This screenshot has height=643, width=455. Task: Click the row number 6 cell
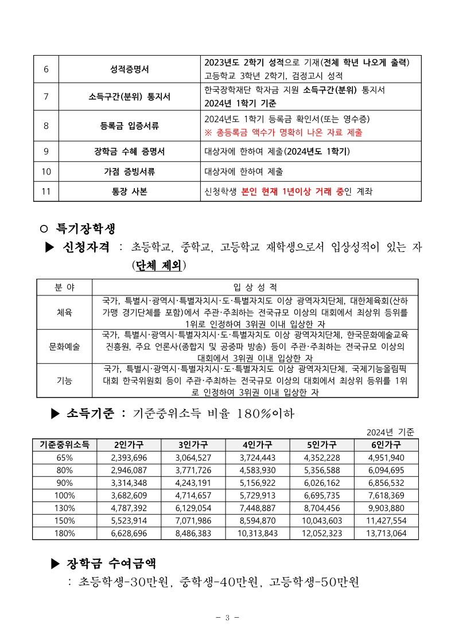point(46,69)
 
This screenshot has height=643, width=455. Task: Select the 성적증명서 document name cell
point(129,69)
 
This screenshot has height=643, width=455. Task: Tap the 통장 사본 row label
point(129,192)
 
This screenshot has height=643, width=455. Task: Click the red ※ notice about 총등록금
point(283,132)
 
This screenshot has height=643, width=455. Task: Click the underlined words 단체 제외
point(159,266)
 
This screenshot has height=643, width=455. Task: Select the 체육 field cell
point(64,313)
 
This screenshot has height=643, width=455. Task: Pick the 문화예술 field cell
point(64,346)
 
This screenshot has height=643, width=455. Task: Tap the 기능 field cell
point(64,380)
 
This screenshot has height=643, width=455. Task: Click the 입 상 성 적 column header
point(255,287)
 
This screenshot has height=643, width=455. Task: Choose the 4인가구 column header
point(257,445)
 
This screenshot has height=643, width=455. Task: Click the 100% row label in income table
point(64,495)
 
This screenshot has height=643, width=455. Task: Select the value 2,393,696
point(129,457)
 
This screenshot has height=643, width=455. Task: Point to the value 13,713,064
point(386,533)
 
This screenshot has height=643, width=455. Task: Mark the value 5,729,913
point(257,495)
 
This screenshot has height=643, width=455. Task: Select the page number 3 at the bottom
point(227,617)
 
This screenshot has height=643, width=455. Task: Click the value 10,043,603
point(321,521)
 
